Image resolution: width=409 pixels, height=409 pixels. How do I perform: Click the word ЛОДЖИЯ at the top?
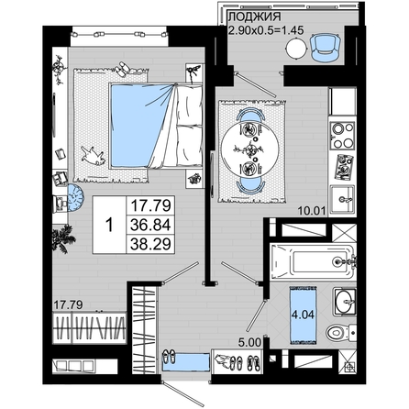[x=255, y=17]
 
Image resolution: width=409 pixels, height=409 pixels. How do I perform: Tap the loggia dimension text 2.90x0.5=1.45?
[x=266, y=30]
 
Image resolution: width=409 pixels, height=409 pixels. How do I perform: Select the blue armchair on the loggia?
[x=326, y=48]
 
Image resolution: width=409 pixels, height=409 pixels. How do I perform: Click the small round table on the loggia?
[x=296, y=48]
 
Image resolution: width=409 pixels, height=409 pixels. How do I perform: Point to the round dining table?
[x=250, y=149]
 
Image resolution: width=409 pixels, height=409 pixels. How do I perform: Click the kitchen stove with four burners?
[x=343, y=135]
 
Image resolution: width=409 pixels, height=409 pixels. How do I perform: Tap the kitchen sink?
[x=343, y=200]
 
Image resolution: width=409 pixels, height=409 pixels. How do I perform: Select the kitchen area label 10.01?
[x=311, y=211]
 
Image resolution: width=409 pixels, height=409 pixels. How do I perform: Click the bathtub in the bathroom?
[x=313, y=261]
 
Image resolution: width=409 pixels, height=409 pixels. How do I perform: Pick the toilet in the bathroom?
[x=341, y=333]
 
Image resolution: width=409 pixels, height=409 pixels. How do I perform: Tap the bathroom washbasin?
[x=345, y=301]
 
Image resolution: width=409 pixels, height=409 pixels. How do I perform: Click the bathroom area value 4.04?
[x=303, y=315]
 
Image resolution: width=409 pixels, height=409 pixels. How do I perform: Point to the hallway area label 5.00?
[x=249, y=342]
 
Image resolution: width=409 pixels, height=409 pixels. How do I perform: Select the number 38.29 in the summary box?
[x=150, y=244]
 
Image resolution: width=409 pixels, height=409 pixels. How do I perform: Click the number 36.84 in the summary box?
[x=150, y=225]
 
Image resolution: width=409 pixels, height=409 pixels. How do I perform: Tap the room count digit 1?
[x=109, y=225]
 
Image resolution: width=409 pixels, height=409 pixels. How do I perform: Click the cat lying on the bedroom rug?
[x=93, y=156]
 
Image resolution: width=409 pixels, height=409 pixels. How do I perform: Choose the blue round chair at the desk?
[x=75, y=198]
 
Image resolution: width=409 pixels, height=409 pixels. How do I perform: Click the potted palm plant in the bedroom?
[x=63, y=238]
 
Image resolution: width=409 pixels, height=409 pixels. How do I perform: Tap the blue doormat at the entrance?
[x=185, y=362]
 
